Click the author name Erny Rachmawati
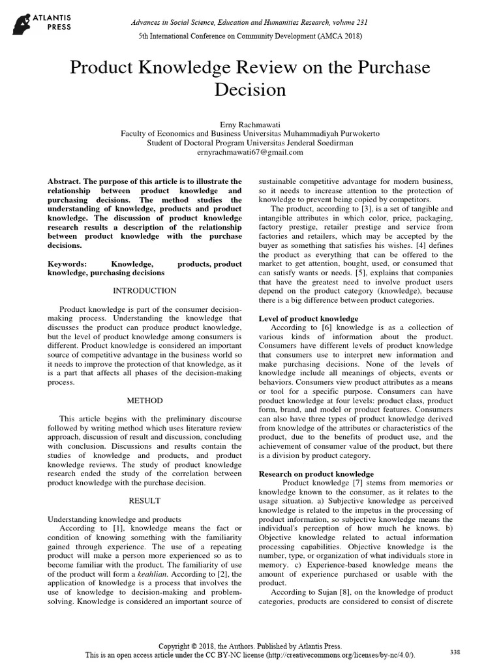pyautogui.click(x=250, y=123)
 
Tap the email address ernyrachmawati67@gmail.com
pyautogui.click(x=250, y=152)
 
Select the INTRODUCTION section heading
pyautogui.click(x=145, y=290)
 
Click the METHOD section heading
pyautogui.click(x=145, y=400)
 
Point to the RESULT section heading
pyautogui.click(x=145, y=500)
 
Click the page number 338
pyautogui.click(x=455, y=652)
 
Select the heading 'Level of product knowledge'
pyautogui.click(x=309, y=318)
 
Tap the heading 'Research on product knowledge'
pyautogui.click(x=316, y=474)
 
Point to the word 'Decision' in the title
pyautogui.click(x=250, y=89)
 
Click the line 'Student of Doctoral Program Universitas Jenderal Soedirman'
pyautogui.click(x=250, y=142)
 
